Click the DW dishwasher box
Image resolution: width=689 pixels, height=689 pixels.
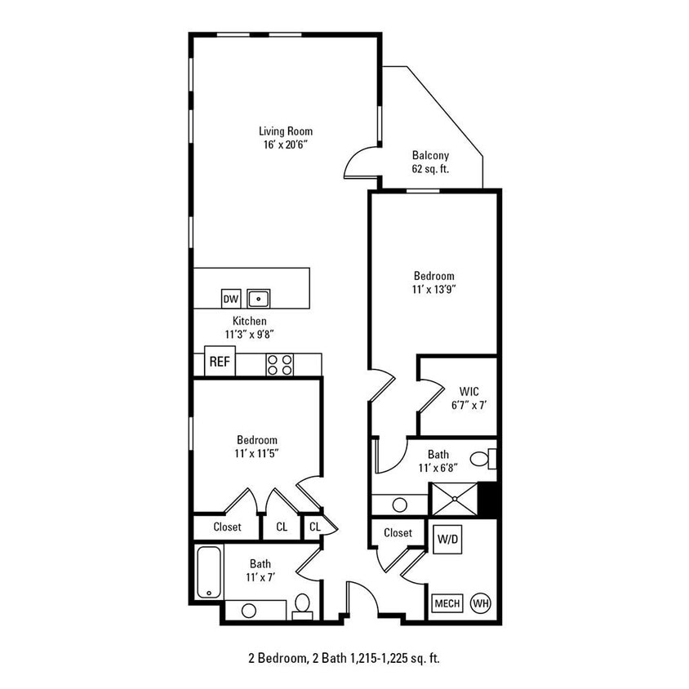(231, 299)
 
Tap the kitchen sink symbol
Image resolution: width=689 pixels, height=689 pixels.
(259, 299)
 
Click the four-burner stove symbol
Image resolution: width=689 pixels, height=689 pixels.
(278, 365)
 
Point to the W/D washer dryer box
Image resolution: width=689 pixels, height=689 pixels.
(447, 539)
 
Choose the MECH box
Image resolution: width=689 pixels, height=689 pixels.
(447, 603)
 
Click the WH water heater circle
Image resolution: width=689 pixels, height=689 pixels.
(481, 603)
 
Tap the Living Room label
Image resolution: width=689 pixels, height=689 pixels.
(286, 131)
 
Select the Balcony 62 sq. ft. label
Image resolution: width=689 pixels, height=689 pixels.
(430, 162)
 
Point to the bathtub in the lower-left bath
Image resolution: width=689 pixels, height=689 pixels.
(208, 572)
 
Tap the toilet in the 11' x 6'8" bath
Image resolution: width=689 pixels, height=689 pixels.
(487, 460)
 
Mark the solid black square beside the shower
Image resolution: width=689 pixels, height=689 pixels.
(488, 498)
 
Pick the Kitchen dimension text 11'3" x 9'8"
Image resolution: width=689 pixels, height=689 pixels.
(249, 334)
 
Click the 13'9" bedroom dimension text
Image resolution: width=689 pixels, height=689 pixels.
(433, 289)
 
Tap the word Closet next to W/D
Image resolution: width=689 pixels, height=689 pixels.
(398, 532)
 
